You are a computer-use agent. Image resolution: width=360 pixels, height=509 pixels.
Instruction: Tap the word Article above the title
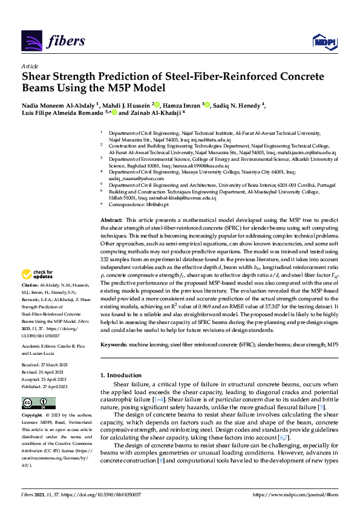(30, 67)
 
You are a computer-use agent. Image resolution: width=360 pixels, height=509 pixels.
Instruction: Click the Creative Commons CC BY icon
(31, 403)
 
